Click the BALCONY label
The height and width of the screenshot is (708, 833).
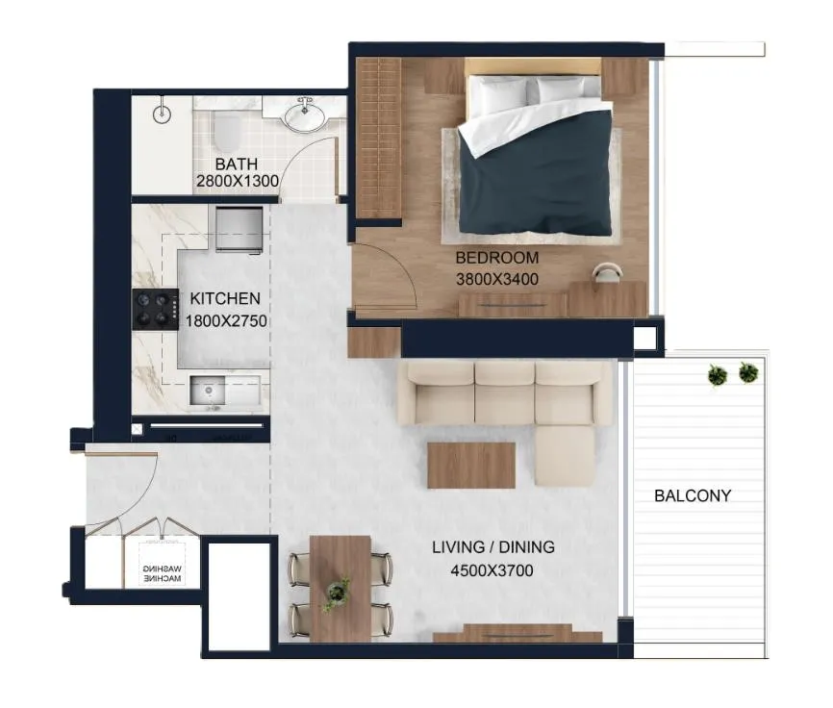(693, 495)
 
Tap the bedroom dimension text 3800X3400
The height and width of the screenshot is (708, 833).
(496, 279)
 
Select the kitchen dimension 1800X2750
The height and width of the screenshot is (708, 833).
(226, 320)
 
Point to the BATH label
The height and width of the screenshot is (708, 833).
(237, 164)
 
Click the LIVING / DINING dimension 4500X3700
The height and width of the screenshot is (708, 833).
(492, 570)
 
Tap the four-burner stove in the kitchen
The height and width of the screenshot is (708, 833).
(155, 310)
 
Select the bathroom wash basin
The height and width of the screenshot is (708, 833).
(304, 116)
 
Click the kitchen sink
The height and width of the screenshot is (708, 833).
(208, 391)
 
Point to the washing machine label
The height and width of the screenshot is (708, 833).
(163, 573)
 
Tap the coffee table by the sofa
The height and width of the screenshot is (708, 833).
(471, 466)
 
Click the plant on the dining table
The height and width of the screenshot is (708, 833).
(337, 593)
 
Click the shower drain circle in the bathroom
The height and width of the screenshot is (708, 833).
(162, 114)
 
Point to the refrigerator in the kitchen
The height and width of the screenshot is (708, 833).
(240, 230)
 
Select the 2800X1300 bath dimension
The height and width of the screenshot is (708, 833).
(238, 181)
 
